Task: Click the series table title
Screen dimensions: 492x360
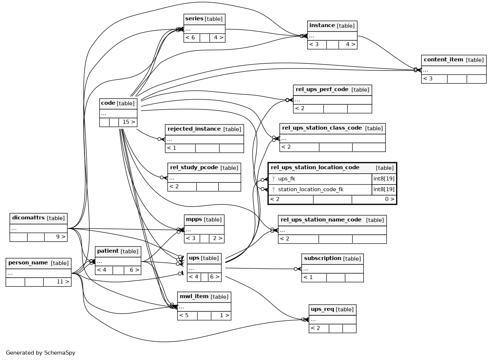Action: (x=194, y=19)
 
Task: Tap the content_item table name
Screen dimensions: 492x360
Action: (x=443, y=60)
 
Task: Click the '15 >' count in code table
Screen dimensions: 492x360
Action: (x=129, y=122)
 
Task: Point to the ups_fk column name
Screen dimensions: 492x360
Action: (x=286, y=179)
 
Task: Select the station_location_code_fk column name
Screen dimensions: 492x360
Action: (x=310, y=189)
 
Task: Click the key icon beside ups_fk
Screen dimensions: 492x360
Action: (x=273, y=179)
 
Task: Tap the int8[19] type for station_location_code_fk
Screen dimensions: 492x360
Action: (x=384, y=189)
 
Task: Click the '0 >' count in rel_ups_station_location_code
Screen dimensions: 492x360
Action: (x=389, y=199)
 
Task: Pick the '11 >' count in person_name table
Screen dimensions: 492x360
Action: (x=63, y=282)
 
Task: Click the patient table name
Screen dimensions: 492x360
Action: (x=108, y=251)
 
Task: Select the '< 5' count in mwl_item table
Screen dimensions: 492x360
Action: (x=184, y=316)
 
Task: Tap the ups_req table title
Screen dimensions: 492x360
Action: (x=322, y=309)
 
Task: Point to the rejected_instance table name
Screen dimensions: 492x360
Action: (x=194, y=129)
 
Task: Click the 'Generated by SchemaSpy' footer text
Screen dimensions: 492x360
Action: (x=40, y=353)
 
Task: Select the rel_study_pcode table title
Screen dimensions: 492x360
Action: (x=194, y=167)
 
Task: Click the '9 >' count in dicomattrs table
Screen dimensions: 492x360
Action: (x=61, y=237)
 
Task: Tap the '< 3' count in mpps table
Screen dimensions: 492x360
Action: (x=190, y=238)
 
